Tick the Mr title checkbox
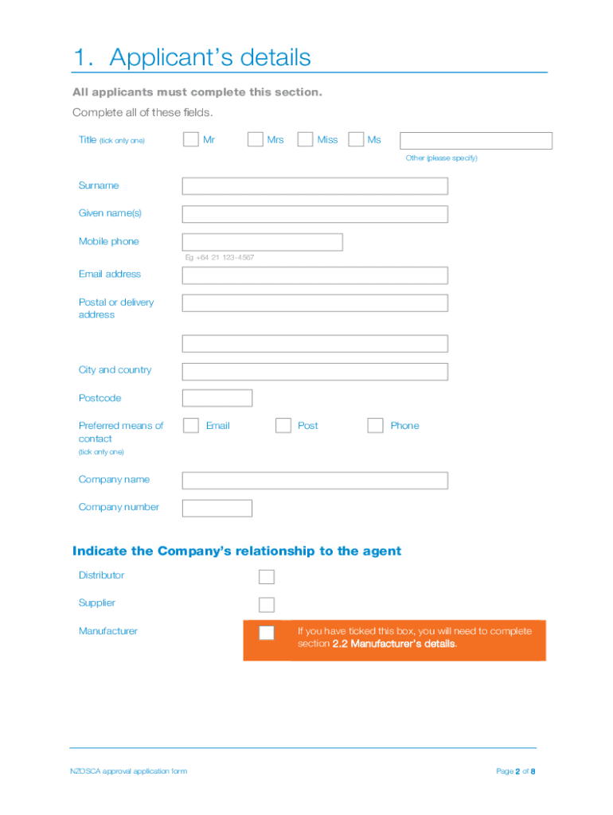point(190,140)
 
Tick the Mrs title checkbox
point(255,140)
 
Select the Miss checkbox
point(305,140)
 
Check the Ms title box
point(356,140)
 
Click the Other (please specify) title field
point(475,141)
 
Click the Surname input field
point(314,186)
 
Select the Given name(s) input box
point(314,214)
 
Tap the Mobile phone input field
point(262,242)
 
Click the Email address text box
point(314,275)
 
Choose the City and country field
point(314,372)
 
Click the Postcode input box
point(217,398)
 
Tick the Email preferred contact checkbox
point(191,426)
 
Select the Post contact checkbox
point(283,426)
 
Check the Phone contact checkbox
point(375,426)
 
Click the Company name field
point(314,481)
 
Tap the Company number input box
point(217,508)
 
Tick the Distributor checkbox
point(267,577)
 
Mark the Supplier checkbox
point(267,605)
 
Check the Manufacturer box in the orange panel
point(267,633)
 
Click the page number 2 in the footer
point(517,771)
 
